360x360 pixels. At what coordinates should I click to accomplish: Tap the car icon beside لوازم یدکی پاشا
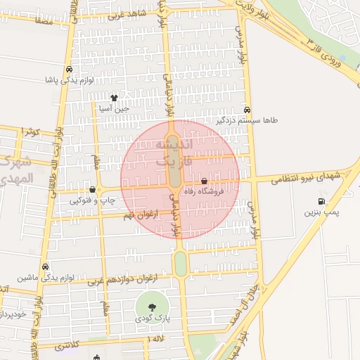point(69,70)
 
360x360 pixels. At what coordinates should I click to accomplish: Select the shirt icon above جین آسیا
point(115,98)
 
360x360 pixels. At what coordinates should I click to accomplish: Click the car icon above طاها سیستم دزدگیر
point(247,110)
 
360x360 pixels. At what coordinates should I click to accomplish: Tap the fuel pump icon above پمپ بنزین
point(322,202)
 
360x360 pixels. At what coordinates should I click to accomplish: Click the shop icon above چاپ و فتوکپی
point(93,189)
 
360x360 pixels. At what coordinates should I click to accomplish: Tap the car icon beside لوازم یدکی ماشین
point(46,267)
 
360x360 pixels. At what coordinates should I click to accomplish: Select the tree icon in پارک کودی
point(152,306)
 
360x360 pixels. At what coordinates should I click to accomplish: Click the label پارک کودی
point(153,318)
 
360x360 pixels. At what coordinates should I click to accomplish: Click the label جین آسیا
point(113,108)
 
